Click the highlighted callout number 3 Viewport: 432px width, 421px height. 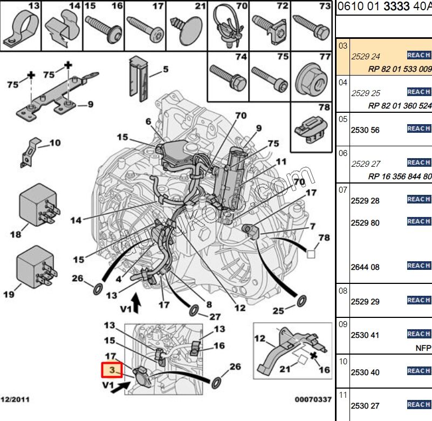(112, 370)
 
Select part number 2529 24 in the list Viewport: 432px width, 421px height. (366, 56)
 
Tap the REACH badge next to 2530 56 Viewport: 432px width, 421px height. (419, 128)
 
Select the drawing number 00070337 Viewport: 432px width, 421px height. (313, 400)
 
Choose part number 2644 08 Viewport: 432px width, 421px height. (365, 267)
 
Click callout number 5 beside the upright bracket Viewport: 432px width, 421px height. (166, 69)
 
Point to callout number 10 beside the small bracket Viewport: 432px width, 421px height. (54, 143)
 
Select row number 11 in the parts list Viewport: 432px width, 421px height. (342, 395)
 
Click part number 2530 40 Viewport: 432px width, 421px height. (365, 372)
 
